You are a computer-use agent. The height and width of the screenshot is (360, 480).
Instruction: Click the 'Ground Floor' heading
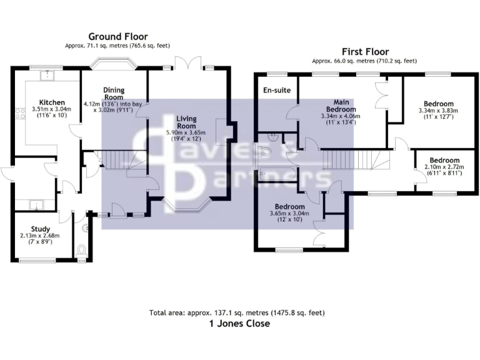click(117, 36)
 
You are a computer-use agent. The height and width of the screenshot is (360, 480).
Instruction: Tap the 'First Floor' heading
click(365, 51)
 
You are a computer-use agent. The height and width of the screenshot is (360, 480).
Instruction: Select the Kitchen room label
click(52, 102)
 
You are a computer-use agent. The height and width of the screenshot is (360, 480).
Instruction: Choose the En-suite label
click(277, 91)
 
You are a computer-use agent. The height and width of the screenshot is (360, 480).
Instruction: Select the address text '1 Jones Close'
click(239, 324)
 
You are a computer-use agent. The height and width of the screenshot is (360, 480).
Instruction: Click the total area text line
click(237, 312)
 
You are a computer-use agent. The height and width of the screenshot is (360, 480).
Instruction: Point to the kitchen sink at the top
click(45, 76)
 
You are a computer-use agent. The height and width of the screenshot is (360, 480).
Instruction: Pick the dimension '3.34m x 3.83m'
click(438, 111)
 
